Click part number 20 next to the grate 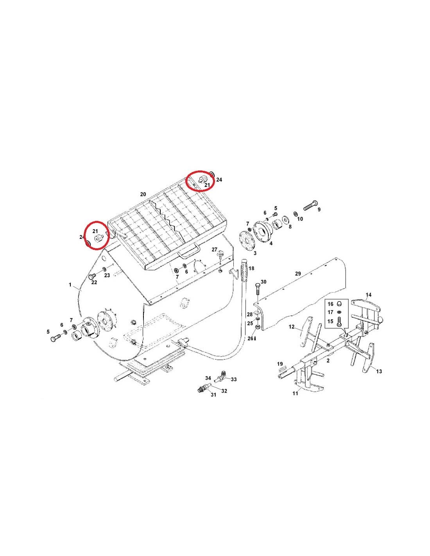(x=143, y=194)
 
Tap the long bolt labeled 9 (x=310, y=205)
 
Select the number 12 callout (x=292, y=327)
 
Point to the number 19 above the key (x=280, y=364)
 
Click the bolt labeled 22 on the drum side (x=91, y=276)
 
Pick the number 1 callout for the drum (x=70, y=285)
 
